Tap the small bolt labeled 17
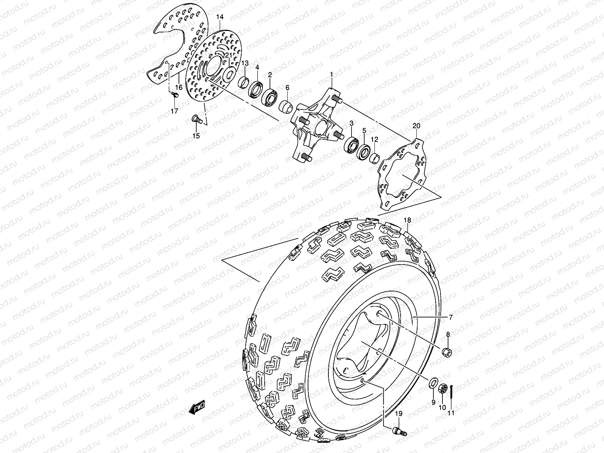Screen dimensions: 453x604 (x=174, y=94)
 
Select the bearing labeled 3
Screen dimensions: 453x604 (x=351, y=146)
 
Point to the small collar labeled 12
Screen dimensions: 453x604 (x=374, y=157)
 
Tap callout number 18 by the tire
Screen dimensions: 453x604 (x=407, y=220)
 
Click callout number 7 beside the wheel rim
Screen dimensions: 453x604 (x=450, y=318)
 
